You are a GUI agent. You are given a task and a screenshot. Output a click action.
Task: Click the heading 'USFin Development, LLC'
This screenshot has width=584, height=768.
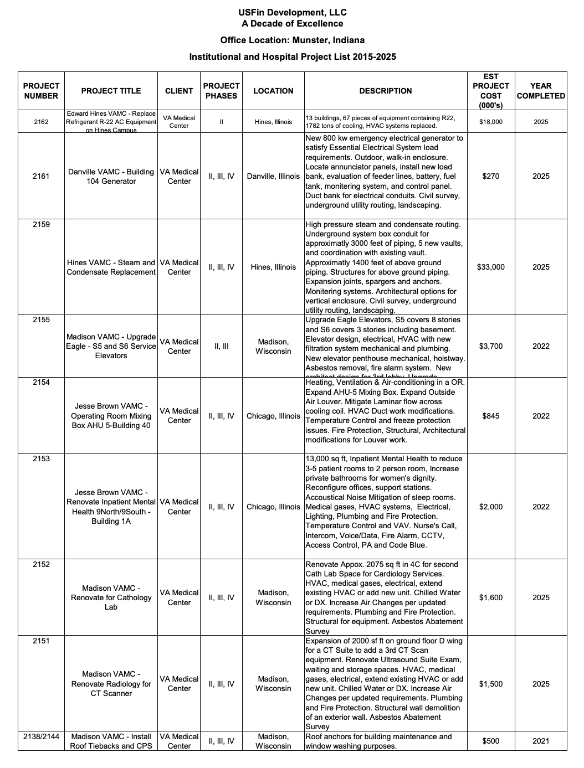click(293, 12)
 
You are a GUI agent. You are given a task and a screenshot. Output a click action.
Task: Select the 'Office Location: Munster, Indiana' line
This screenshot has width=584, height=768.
click(293, 40)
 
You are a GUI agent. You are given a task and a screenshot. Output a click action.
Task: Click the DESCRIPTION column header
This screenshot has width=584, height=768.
click(386, 91)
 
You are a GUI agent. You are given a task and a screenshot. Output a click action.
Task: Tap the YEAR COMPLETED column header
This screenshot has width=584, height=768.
click(541, 91)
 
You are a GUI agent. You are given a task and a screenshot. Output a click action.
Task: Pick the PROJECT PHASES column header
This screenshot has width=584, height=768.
click(222, 91)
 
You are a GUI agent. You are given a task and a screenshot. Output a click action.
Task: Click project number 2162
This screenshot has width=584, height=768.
click(41, 122)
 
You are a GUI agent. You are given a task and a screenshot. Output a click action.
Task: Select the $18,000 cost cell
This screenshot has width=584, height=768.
click(491, 122)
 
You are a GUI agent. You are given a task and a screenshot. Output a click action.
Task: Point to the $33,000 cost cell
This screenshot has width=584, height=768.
click(491, 267)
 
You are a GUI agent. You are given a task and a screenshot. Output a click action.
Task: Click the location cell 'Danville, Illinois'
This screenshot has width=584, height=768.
click(273, 176)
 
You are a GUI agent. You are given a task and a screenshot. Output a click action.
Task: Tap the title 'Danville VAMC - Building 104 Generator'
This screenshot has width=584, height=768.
click(111, 176)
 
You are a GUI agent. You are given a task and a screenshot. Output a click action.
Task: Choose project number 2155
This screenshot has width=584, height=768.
click(41, 320)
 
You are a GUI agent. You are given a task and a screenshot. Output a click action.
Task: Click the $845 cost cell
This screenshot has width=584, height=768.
click(491, 416)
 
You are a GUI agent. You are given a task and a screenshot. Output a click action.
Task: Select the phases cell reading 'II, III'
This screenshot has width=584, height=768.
click(222, 346)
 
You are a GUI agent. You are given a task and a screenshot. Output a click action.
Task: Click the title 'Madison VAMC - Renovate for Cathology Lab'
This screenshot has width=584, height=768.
click(111, 597)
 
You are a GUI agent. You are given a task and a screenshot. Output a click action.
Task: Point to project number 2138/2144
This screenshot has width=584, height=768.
click(41, 736)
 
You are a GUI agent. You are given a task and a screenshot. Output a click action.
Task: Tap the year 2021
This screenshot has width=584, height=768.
click(541, 741)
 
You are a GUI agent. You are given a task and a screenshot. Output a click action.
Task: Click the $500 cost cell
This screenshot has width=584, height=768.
click(491, 741)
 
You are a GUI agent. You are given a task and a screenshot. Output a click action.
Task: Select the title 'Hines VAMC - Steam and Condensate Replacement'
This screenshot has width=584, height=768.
click(111, 267)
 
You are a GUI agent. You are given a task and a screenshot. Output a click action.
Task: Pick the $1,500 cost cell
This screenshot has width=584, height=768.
click(491, 684)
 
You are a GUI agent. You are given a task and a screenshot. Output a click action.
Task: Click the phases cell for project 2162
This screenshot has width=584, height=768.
click(222, 122)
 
